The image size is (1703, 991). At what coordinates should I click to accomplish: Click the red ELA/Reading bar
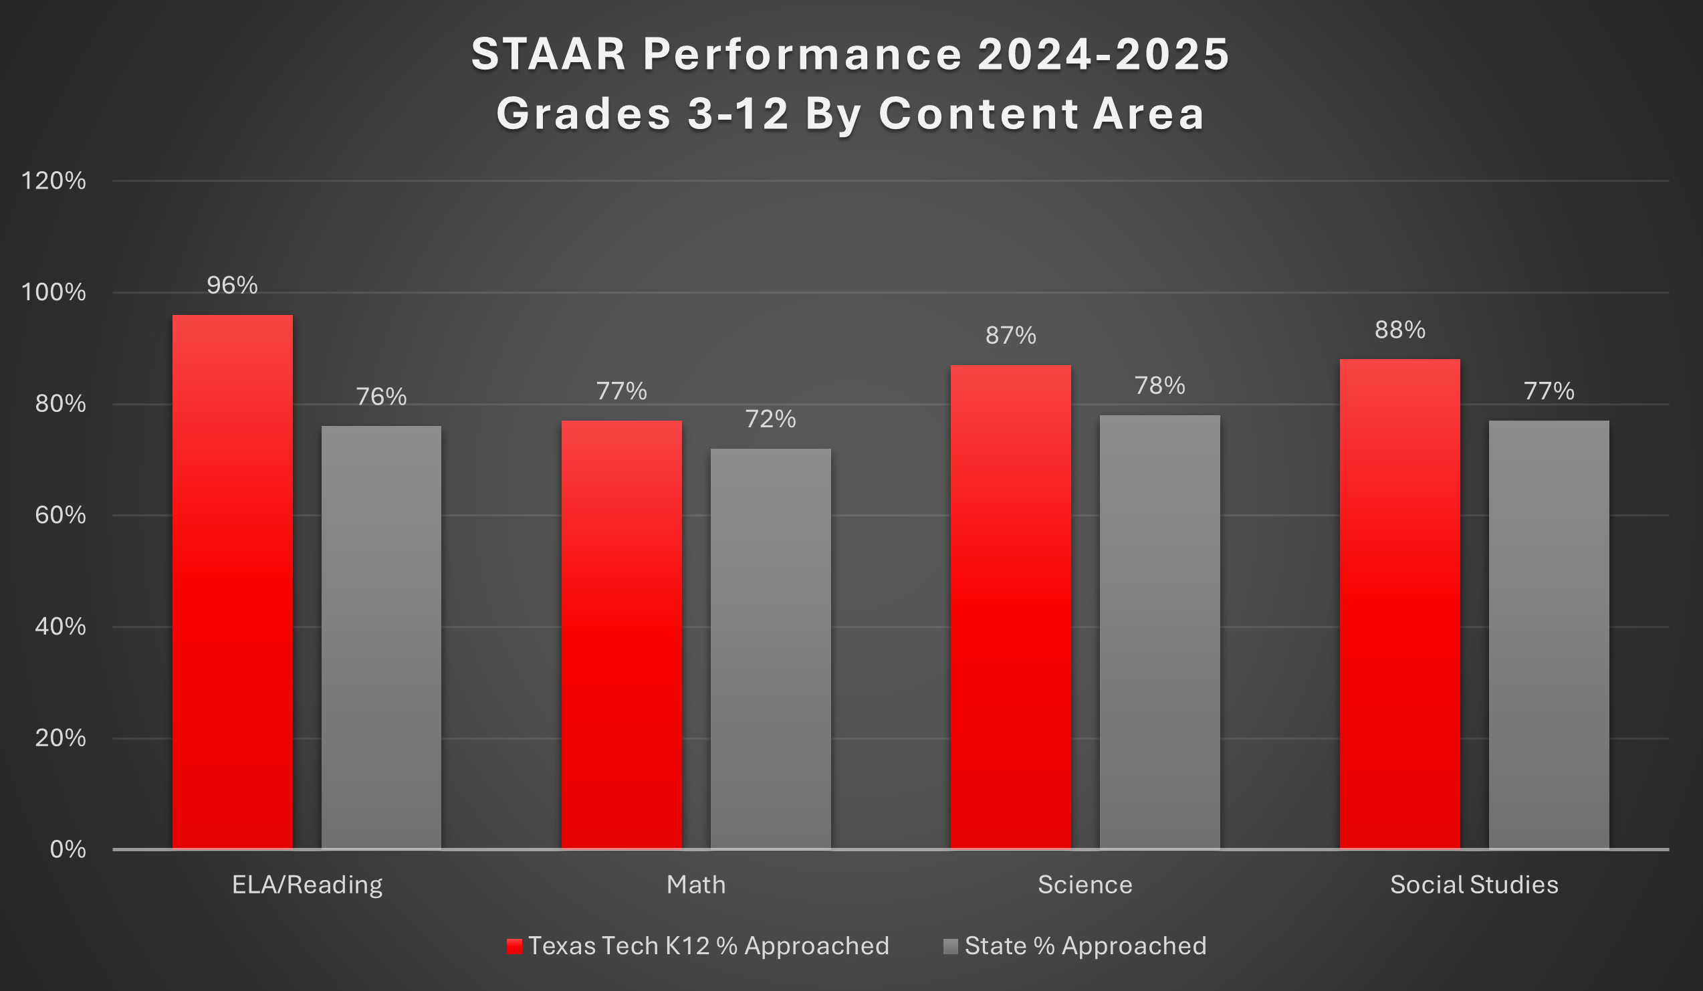[x=233, y=581]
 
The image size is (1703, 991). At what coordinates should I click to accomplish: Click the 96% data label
[x=232, y=286]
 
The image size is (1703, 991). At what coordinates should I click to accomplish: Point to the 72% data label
[x=770, y=420]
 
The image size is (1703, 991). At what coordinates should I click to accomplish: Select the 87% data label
[x=1010, y=336]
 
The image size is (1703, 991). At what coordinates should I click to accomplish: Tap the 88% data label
[x=1399, y=330]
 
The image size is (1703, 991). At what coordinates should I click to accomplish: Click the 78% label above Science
[x=1159, y=386]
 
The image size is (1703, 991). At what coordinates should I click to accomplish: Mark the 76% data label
[x=381, y=397]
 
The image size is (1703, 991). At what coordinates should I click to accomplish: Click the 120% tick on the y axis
[x=53, y=181]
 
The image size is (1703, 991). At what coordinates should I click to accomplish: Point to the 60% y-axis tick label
[x=60, y=516]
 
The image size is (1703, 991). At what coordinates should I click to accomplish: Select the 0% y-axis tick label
[x=68, y=850]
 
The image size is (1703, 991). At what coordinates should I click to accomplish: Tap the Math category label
[x=696, y=885]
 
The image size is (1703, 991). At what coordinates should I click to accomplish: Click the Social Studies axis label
[x=1474, y=885]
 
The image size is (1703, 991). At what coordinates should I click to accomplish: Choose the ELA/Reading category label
[x=307, y=885]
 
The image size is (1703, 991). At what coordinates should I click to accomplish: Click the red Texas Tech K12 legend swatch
[x=514, y=946]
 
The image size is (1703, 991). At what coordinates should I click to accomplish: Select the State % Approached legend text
[x=1085, y=946]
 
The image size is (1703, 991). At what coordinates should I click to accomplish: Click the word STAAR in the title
[x=549, y=54]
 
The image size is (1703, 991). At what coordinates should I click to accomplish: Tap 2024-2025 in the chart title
[x=1103, y=54]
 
